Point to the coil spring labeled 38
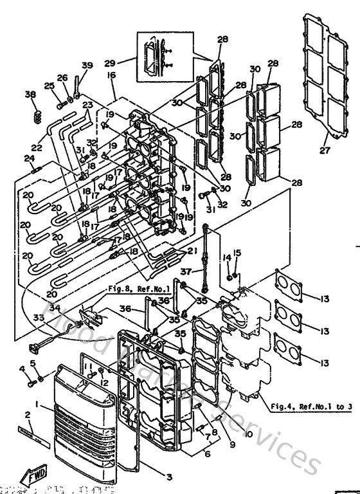(37, 116)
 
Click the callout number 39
(87, 66)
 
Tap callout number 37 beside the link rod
(186, 271)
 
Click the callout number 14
(227, 257)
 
